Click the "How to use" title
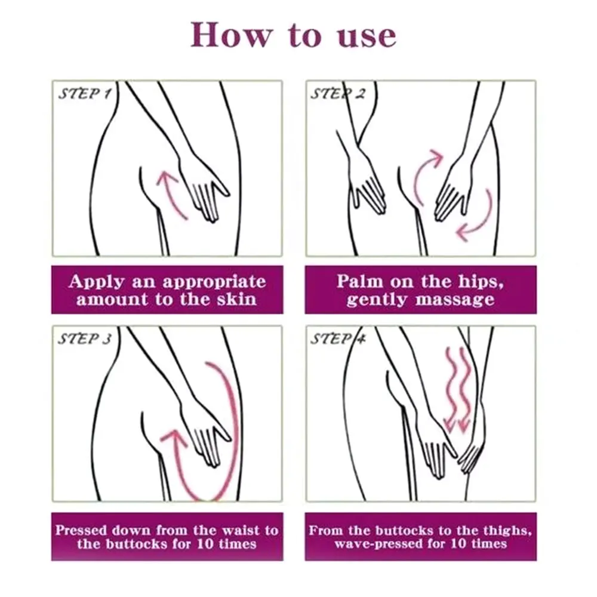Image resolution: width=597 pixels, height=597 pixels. point(293,35)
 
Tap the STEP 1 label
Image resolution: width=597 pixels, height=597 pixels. point(85,94)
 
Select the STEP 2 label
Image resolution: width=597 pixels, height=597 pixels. point(338,94)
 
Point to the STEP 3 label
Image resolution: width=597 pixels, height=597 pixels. point(85,339)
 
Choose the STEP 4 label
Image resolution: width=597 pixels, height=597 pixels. point(338,339)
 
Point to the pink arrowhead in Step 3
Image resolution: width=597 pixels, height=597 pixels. point(174,437)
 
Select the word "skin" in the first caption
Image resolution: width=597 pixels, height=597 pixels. point(237,299)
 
